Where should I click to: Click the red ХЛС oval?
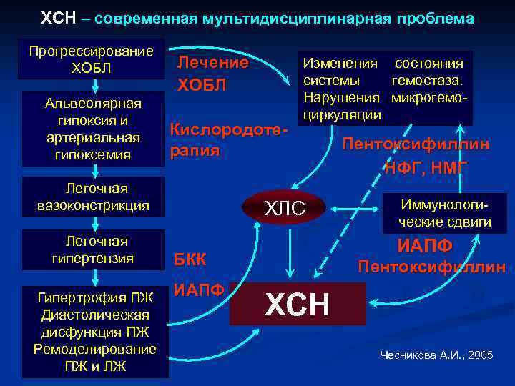(x=285, y=208)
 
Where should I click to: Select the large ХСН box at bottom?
(x=298, y=304)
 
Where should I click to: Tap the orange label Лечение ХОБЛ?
(x=212, y=74)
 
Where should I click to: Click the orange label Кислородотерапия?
(x=228, y=140)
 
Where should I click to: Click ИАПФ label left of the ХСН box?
(x=199, y=290)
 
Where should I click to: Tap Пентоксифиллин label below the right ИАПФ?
(x=431, y=267)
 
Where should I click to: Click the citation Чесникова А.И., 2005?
(x=436, y=355)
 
